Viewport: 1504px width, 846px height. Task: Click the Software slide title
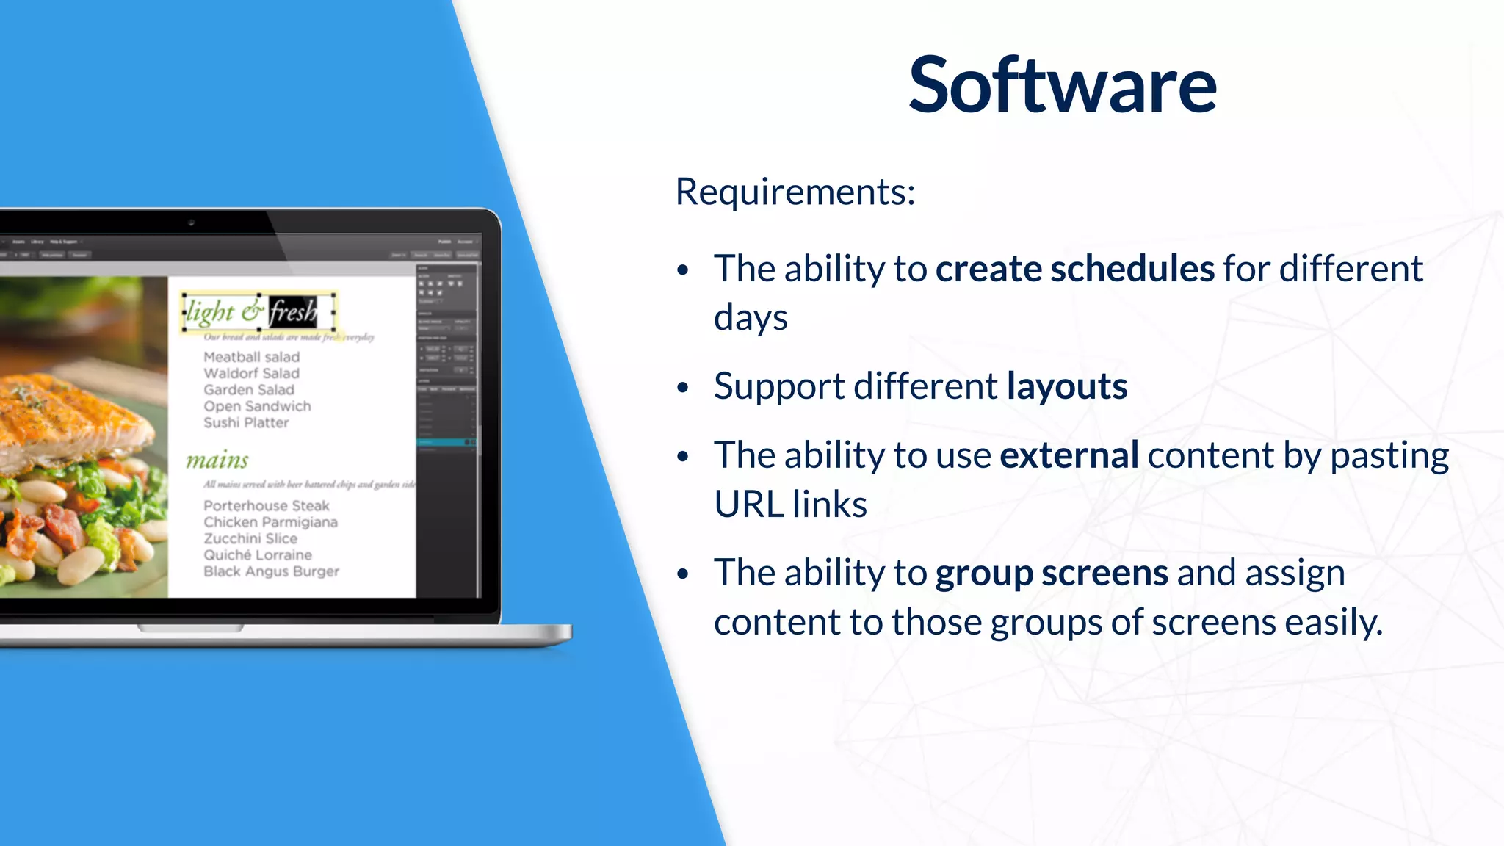click(x=1062, y=86)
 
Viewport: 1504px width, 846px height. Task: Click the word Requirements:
click(x=795, y=192)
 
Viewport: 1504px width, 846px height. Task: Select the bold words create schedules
click(x=1074, y=269)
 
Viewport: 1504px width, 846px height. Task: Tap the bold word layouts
click(x=1066, y=386)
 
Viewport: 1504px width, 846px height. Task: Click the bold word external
click(x=1069, y=455)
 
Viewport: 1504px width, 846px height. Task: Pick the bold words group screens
click(x=1051, y=573)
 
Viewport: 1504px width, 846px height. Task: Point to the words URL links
click(x=790, y=505)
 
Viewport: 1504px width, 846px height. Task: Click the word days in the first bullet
click(x=750, y=318)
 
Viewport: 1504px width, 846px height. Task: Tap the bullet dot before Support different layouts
click(x=683, y=387)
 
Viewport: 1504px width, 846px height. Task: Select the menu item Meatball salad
click(x=251, y=357)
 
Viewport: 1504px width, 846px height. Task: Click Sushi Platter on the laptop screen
click(x=246, y=423)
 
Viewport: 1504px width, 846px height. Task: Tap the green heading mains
click(x=217, y=460)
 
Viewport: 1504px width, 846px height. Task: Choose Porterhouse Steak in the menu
click(x=266, y=506)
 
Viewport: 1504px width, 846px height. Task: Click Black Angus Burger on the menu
click(x=271, y=571)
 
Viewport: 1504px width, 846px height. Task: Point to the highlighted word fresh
click(x=293, y=312)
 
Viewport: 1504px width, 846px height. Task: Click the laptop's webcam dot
click(x=191, y=222)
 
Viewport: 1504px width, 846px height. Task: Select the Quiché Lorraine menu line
click(x=257, y=555)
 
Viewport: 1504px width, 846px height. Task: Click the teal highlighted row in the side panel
click(x=445, y=442)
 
